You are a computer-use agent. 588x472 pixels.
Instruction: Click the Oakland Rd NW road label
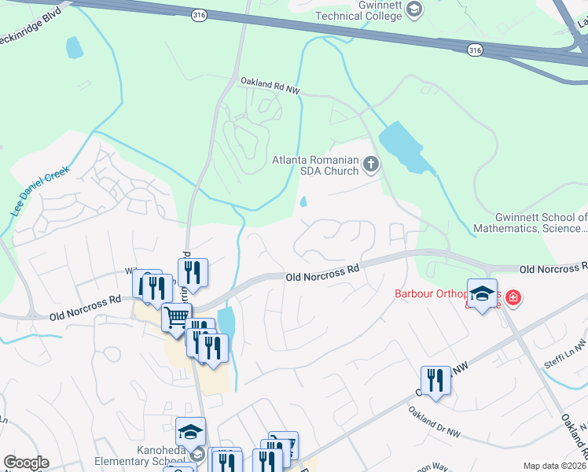(270, 85)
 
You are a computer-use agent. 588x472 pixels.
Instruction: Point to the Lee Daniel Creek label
(40, 191)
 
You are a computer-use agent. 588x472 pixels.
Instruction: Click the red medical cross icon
(513, 297)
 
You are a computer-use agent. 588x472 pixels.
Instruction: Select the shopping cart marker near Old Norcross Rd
(177, 318)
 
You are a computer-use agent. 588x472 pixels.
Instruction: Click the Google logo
(26, 463)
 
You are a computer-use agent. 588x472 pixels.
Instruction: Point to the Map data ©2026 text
(554, 466)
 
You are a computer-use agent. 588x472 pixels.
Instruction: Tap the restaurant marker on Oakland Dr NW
(435, 381)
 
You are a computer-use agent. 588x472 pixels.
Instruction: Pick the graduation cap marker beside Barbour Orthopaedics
(483, 293)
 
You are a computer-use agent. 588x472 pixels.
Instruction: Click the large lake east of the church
(404, 146)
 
